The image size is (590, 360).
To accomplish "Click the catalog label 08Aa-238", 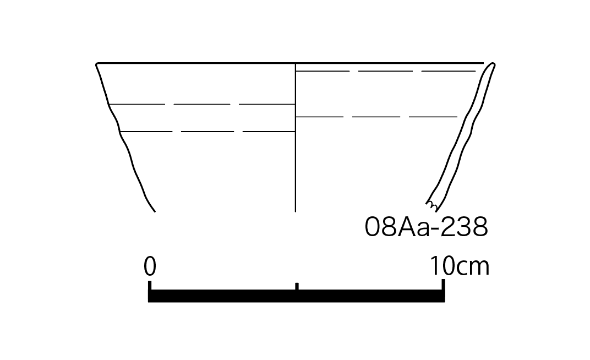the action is tap(427, 227).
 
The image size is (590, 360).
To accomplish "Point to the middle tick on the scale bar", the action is tap(297, 287).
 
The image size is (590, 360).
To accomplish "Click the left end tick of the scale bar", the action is tap(150, 286).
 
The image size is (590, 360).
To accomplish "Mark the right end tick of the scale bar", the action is tap(443, 285).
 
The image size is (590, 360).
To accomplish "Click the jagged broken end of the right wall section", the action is tap(432, 206).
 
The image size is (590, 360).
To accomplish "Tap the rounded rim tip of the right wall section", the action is tap(493, 65).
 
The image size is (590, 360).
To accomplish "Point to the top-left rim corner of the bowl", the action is tap(97, 64).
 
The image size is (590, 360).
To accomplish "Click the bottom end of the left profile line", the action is tap(155, 211).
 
